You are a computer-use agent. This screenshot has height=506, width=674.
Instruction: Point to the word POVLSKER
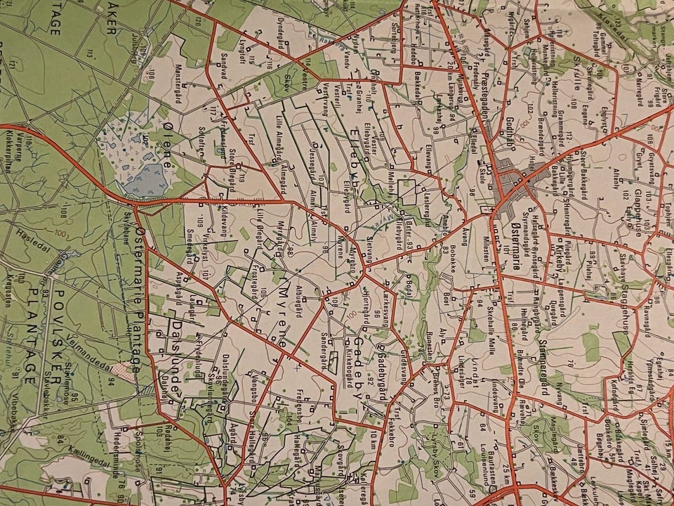pos(59,313)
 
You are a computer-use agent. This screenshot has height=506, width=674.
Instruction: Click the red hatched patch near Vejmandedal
pos(126,370)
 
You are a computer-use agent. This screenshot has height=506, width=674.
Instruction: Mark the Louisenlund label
pos(484,463)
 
